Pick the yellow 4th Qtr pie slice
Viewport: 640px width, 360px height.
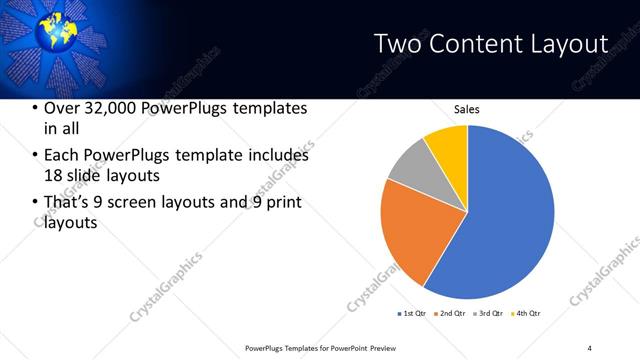tap(447, 145)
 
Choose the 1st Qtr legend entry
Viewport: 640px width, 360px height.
tap(413, 315)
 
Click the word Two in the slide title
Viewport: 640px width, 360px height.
tap(397, 44)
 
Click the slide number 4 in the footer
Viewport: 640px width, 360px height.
tap(590, 347)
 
